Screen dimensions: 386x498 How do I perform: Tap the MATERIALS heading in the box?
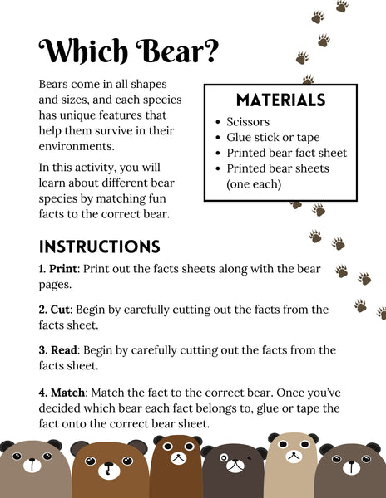tap(280, 100)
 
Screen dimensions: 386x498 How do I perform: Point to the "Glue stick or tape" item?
tap(274, 137)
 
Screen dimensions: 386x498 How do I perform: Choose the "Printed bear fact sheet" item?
tap(286, 153)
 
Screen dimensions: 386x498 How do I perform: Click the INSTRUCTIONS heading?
tap(99, 247)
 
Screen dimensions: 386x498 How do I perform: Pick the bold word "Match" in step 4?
tap(68, 391)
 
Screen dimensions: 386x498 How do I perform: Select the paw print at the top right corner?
tap(342, 6)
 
